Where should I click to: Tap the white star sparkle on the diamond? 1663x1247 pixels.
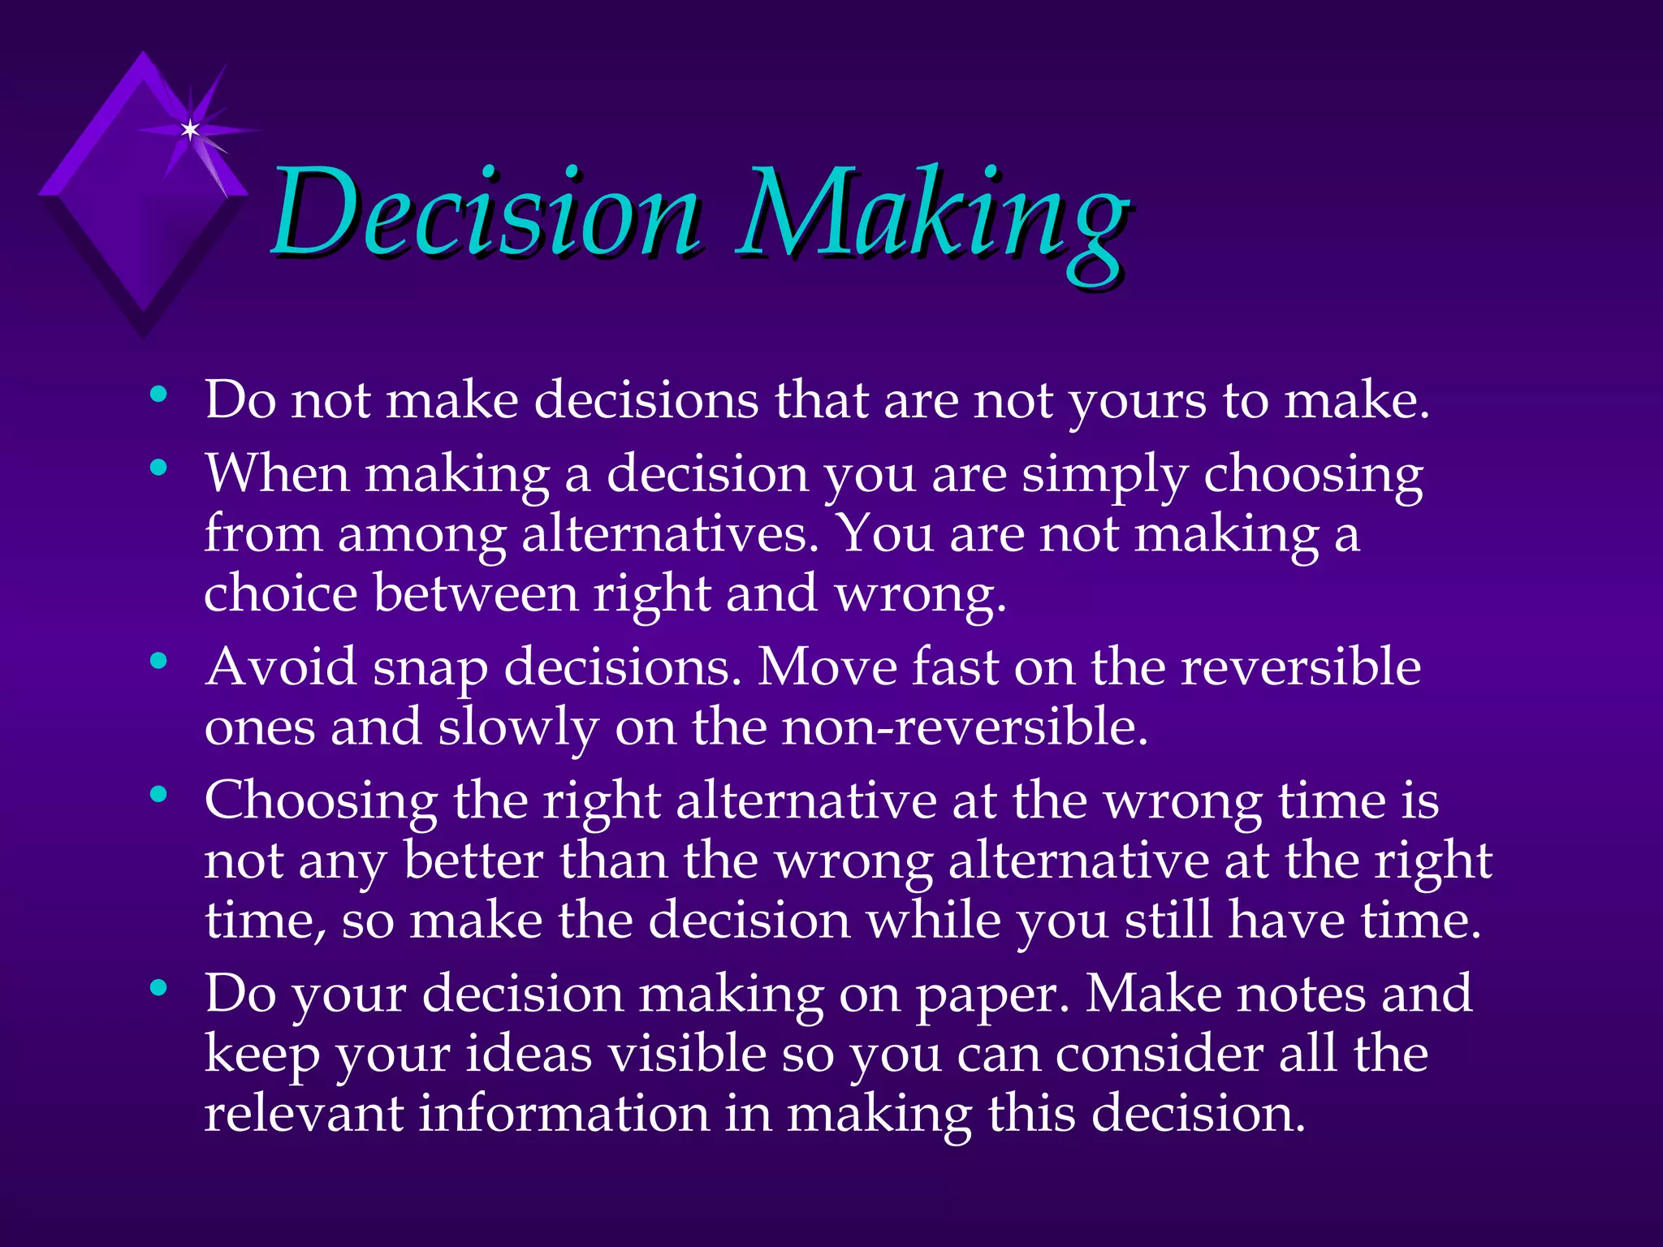190,129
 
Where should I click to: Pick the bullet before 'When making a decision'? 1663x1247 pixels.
159,468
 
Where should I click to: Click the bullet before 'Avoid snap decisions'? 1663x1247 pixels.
159,662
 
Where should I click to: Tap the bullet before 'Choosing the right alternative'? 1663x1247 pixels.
159,795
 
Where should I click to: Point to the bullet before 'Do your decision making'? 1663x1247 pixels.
159,988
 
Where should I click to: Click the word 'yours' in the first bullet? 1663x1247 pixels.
1137,401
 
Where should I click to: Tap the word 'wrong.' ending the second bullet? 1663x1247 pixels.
921,596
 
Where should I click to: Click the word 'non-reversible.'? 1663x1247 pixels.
965,727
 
